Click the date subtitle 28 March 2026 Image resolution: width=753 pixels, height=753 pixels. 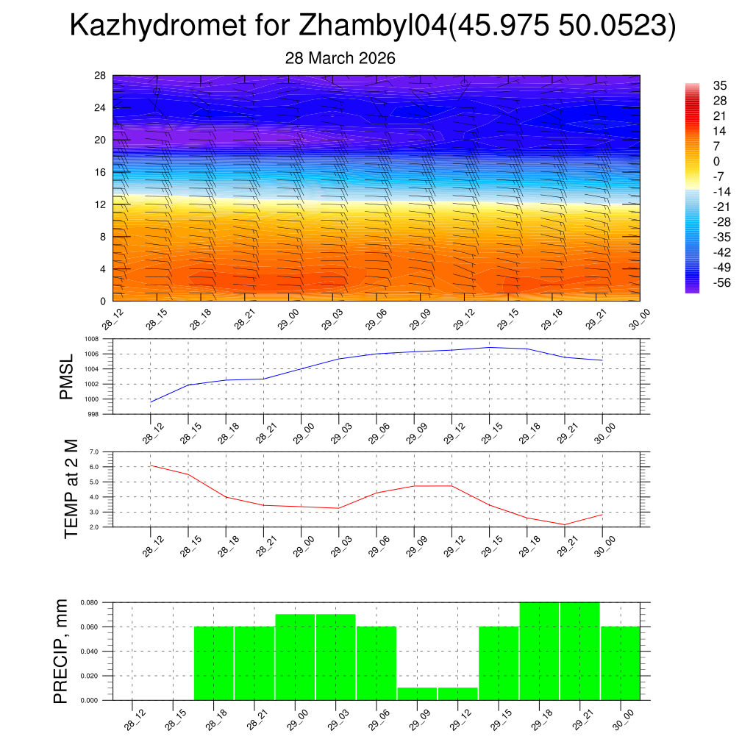(x=340, y=58)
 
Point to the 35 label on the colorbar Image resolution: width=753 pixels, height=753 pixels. (x=720, y=85)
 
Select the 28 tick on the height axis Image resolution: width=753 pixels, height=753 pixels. (x=100, y=76)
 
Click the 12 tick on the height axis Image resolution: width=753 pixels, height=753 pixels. (x=101, y=204)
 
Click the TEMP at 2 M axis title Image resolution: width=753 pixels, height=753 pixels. (x=71, y=490)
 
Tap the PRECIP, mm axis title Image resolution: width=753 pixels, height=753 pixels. (x=62, y=652)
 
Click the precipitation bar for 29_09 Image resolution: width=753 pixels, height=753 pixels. (x=418, y=693)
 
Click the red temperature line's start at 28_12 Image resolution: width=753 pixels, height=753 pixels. (x=151, y=465)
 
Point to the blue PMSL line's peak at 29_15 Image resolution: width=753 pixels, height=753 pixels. (x=490, y=347)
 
